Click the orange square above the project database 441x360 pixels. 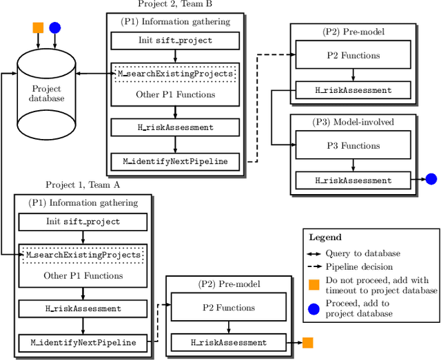point(38,28)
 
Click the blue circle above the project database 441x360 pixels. point(55,28)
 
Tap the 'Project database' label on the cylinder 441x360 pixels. point(46,94)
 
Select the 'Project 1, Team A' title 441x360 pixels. point(83,184)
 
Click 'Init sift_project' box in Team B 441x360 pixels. point(175,41)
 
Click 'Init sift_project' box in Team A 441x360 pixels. point(83,222)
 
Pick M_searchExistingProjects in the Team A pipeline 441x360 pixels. point(83,255)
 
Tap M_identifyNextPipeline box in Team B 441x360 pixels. point(175,162)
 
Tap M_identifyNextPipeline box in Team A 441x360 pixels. point(83,342)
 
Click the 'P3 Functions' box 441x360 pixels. point(353,145)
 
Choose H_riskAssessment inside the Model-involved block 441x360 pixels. point(353,180)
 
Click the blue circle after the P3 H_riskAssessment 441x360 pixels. point(431,180)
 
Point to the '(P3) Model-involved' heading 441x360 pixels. point(353,122)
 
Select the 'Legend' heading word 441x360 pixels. point(325,237)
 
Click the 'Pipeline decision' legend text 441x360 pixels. point(359,266)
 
